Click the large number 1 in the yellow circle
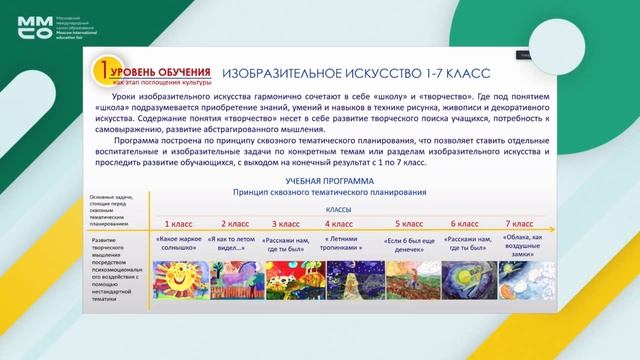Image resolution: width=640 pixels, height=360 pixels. (x=102, y=73)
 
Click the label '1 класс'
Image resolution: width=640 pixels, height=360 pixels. (x=180, y=224)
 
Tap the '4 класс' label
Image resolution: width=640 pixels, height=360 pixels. (x=339, y=224)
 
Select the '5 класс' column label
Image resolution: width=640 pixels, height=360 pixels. (x=410, y=224)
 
